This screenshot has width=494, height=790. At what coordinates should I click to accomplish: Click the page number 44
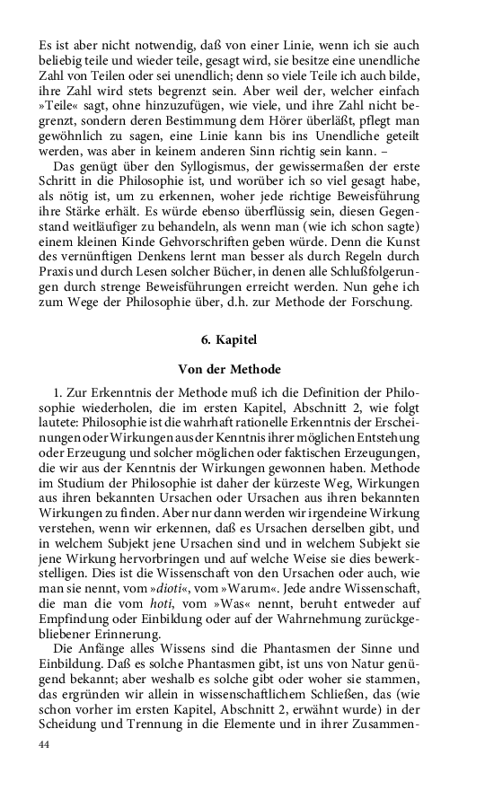[x=45, y=744]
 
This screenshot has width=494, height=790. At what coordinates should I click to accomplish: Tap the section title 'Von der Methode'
[x=230, y=369]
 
